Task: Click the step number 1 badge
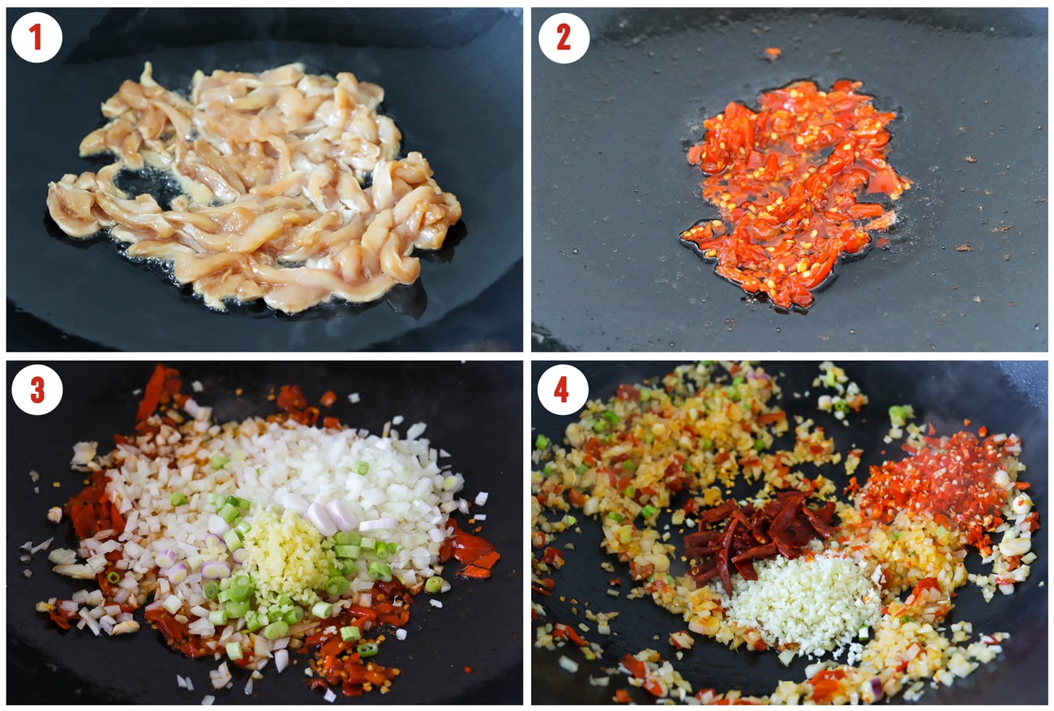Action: tap(36, 37)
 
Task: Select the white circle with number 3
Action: tap(36, 390)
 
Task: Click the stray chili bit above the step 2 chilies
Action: tap(772, 54)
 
